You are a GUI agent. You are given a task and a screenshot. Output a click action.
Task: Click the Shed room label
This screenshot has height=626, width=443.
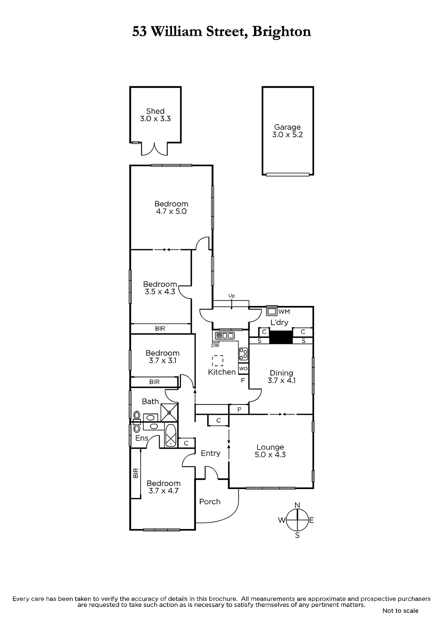pos(156,111)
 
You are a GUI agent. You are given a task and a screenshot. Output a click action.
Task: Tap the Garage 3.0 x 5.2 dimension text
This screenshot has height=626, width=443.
pos(287,135)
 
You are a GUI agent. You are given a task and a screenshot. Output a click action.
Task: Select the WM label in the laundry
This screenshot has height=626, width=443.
pos(284,311)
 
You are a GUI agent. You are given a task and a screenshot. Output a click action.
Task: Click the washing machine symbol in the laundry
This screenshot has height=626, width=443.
pos(271,311)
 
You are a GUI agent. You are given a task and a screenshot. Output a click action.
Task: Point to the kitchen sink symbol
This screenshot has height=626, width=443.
pos(224,335)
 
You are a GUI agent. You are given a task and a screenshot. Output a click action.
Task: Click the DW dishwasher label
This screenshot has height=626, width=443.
pos(215,345)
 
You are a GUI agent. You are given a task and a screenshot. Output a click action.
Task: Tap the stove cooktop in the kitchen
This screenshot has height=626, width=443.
pos(243,354)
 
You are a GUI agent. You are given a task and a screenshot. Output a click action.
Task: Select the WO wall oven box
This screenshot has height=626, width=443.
pos(243,369)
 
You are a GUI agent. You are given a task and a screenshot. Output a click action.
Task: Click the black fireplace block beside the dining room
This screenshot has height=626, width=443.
pos(281,337)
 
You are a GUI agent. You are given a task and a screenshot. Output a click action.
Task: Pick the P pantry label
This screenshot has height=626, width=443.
pos(239,409)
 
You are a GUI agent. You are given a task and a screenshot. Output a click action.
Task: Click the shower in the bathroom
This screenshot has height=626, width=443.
pos(169,412)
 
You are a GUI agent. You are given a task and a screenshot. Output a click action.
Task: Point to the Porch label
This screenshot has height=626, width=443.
pos(210,502)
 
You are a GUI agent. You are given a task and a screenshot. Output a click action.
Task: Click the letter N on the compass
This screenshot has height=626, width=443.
pos(297,505)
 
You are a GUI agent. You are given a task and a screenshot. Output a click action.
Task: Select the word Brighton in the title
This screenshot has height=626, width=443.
pos(282,32)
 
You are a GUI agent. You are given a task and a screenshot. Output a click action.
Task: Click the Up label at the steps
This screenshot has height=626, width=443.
pos(231,296)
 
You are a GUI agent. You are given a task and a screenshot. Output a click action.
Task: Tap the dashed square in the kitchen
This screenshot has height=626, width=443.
pos(218,360)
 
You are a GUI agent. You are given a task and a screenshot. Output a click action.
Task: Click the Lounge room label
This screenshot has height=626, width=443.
pos(270,447)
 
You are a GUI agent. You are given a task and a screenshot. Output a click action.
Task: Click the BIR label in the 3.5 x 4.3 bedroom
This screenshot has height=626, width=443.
pos(160,328)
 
